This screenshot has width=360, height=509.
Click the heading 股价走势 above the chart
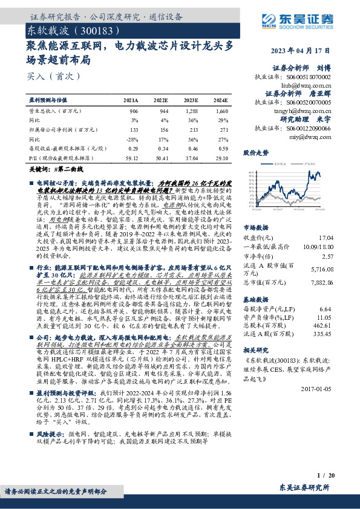(x=256, y=153)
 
